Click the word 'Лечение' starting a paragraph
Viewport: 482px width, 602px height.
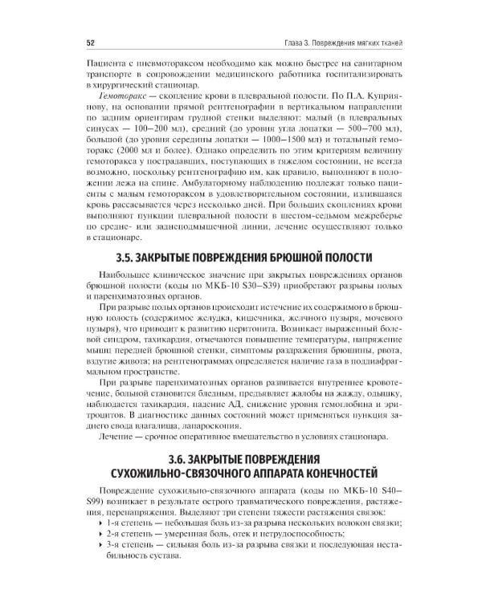click(x=112, y=437)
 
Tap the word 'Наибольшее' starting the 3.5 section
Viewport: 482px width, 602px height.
click(x=120, y=275)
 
